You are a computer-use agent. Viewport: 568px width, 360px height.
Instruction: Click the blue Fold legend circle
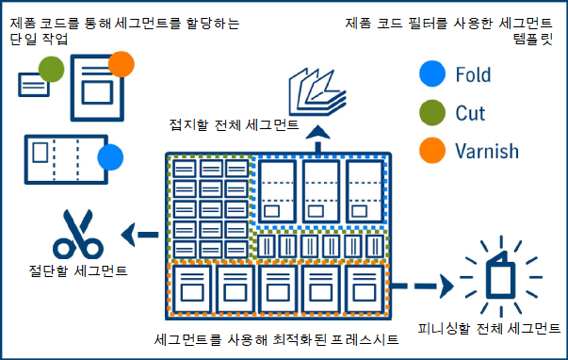point(431,74)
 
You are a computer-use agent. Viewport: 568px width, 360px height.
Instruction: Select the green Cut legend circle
point(431,113)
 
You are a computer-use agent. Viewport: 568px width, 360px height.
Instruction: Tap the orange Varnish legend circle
point(431,151)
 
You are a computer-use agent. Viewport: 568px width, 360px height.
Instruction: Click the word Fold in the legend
point(473,74)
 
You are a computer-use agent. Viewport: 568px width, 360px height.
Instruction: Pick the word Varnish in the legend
point(486,151)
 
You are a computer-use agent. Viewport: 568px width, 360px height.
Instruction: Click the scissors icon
point(77,236)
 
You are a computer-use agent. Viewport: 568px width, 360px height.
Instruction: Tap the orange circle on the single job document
point(122,64)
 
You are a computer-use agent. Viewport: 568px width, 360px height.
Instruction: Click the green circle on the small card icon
point(52,69)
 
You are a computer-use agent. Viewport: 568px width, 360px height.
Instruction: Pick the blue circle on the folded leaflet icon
point(111,157)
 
